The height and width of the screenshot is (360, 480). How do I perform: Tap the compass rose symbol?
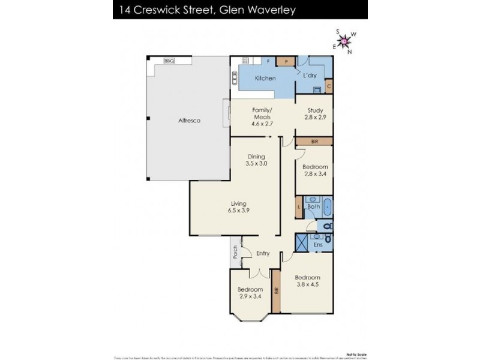(344, 41)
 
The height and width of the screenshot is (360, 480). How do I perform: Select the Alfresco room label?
(189, 121)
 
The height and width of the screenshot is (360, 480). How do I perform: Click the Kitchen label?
(265, 79)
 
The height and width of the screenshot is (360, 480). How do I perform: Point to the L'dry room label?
(310, 75)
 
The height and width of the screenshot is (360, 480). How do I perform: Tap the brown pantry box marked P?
(286, 61)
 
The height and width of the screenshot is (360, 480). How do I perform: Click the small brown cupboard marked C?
(329, 86)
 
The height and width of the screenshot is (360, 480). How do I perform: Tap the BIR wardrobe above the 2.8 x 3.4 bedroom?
(314, 141)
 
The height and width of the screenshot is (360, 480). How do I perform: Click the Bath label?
(313, 207)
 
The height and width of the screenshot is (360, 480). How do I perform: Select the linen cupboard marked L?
(299, 208)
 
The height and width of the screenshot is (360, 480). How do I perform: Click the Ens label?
(318, 244)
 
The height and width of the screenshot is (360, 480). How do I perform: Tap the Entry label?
(263, 253)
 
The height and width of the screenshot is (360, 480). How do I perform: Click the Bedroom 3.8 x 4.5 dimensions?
(307, 286)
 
